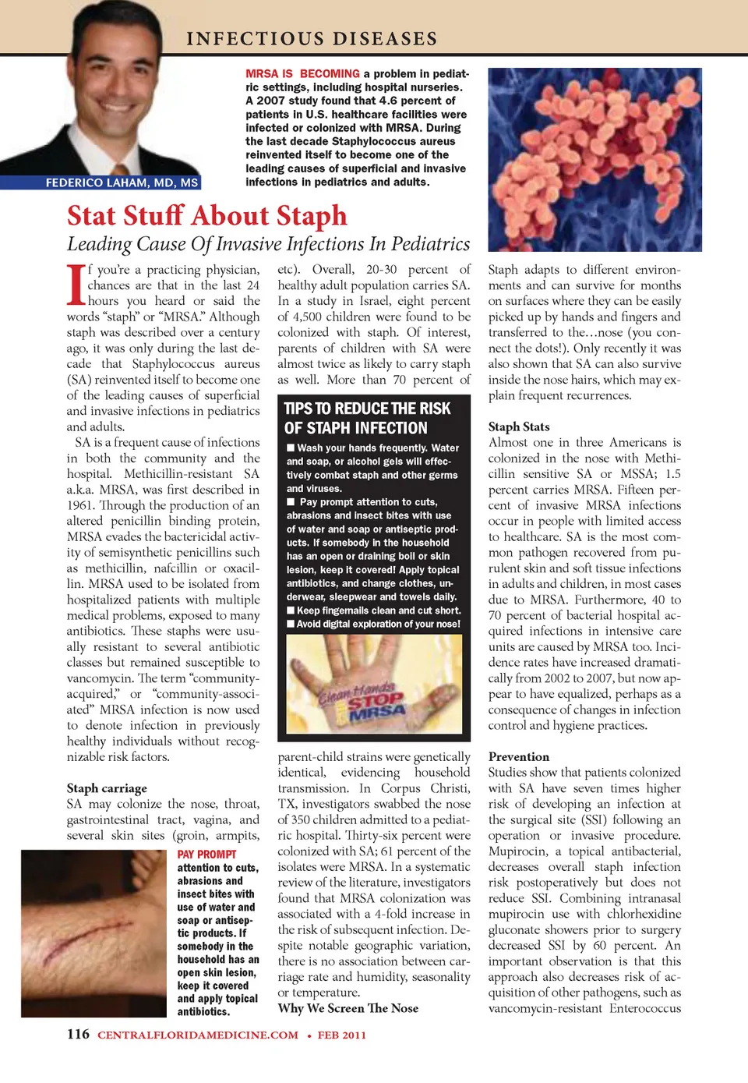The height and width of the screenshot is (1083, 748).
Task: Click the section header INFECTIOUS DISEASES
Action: (x=312, y=38)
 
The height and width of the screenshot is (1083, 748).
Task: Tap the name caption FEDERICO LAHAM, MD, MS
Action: (x=122, y=182)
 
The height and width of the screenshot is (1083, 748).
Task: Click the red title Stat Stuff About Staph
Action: (x=207, y=215)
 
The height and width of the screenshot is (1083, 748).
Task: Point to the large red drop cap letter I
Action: (x=76, y=285)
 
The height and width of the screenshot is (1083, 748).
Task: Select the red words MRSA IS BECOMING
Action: (x=302, y=74)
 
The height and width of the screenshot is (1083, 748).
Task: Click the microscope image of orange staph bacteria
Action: (x=595, y=159)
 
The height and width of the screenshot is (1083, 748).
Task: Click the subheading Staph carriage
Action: (x=107, y=788)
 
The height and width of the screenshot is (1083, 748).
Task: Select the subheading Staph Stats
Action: (x=519, y=426)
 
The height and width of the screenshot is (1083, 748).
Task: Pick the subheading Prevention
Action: (x=519, y=756)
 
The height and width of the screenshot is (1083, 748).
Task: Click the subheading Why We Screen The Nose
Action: (x=348, y=1008)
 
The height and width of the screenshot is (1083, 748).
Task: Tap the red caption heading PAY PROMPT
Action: (x=206, y=855)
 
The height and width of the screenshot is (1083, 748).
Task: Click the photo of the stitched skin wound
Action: (x=93, y=933)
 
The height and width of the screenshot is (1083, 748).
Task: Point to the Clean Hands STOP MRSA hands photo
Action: (x=374, y=684)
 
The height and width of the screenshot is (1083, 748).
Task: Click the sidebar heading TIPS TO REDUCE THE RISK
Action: (x=367, y=409)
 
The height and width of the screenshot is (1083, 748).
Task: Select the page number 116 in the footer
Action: (x=78, y=1035)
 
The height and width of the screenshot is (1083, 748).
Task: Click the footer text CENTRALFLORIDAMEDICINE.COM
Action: (x=198, y=1035)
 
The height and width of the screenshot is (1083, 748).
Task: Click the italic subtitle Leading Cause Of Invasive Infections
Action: (x=268, y=244)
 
